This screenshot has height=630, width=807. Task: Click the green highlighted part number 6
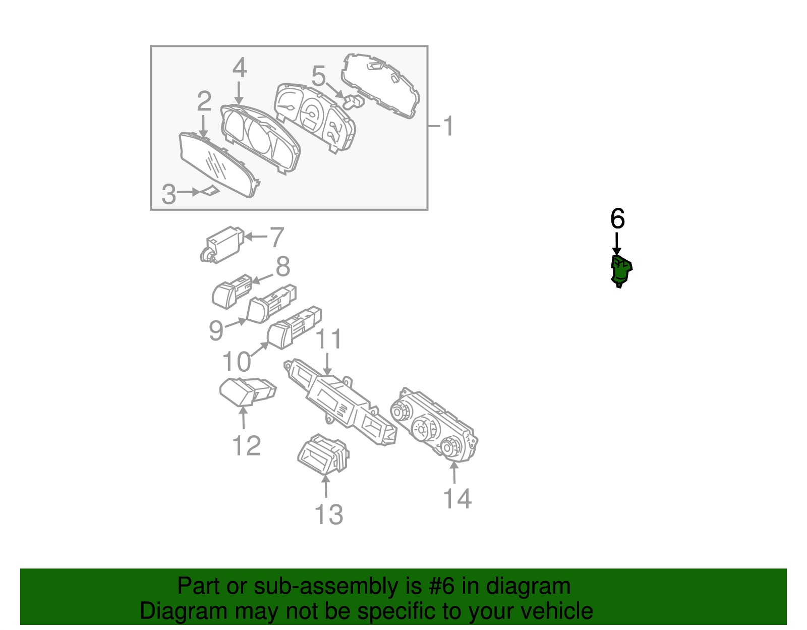621,271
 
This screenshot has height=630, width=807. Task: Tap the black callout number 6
617,219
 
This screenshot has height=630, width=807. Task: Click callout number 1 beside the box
448,126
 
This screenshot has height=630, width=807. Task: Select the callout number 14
457,498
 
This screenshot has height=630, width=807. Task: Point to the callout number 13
328,514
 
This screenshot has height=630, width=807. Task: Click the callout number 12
246,445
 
